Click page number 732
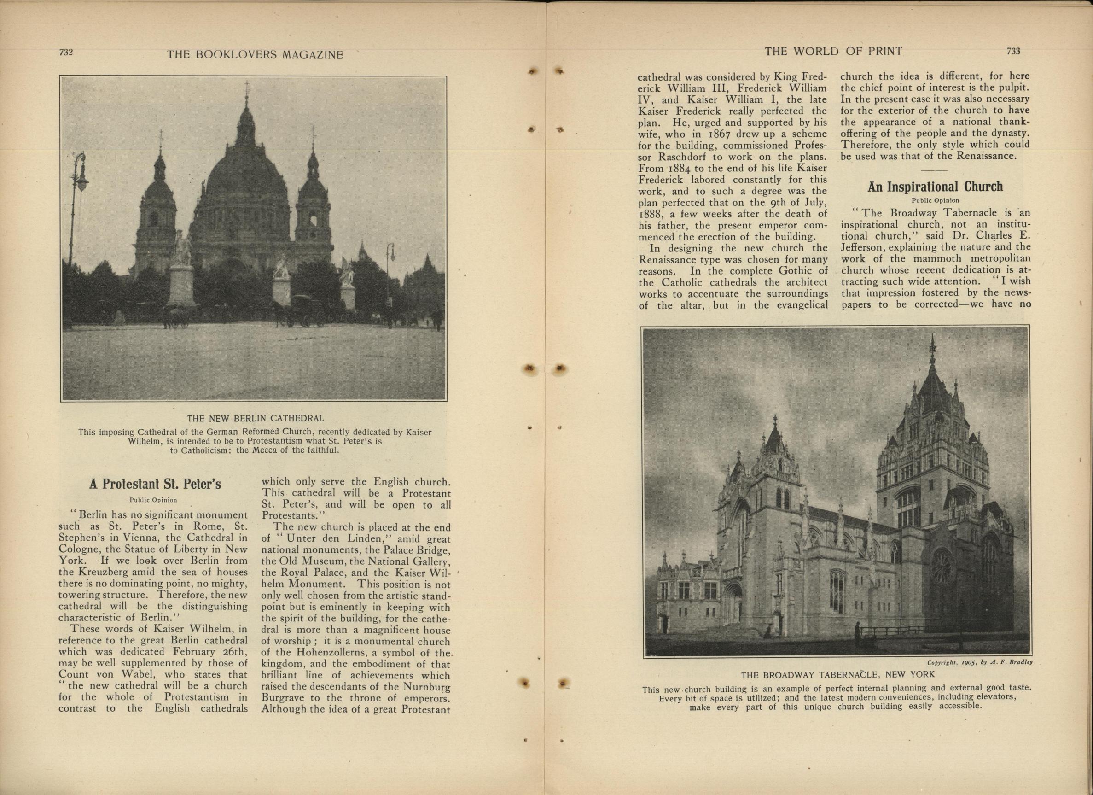click(x=65, y=53)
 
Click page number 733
click(x=1013, y=51)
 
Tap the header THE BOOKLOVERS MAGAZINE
click(x=255, y=54)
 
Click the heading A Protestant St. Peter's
click(x=155, y=484)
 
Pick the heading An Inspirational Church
click(x=935, y=187)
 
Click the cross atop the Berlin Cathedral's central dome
click(x=247, y=87)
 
